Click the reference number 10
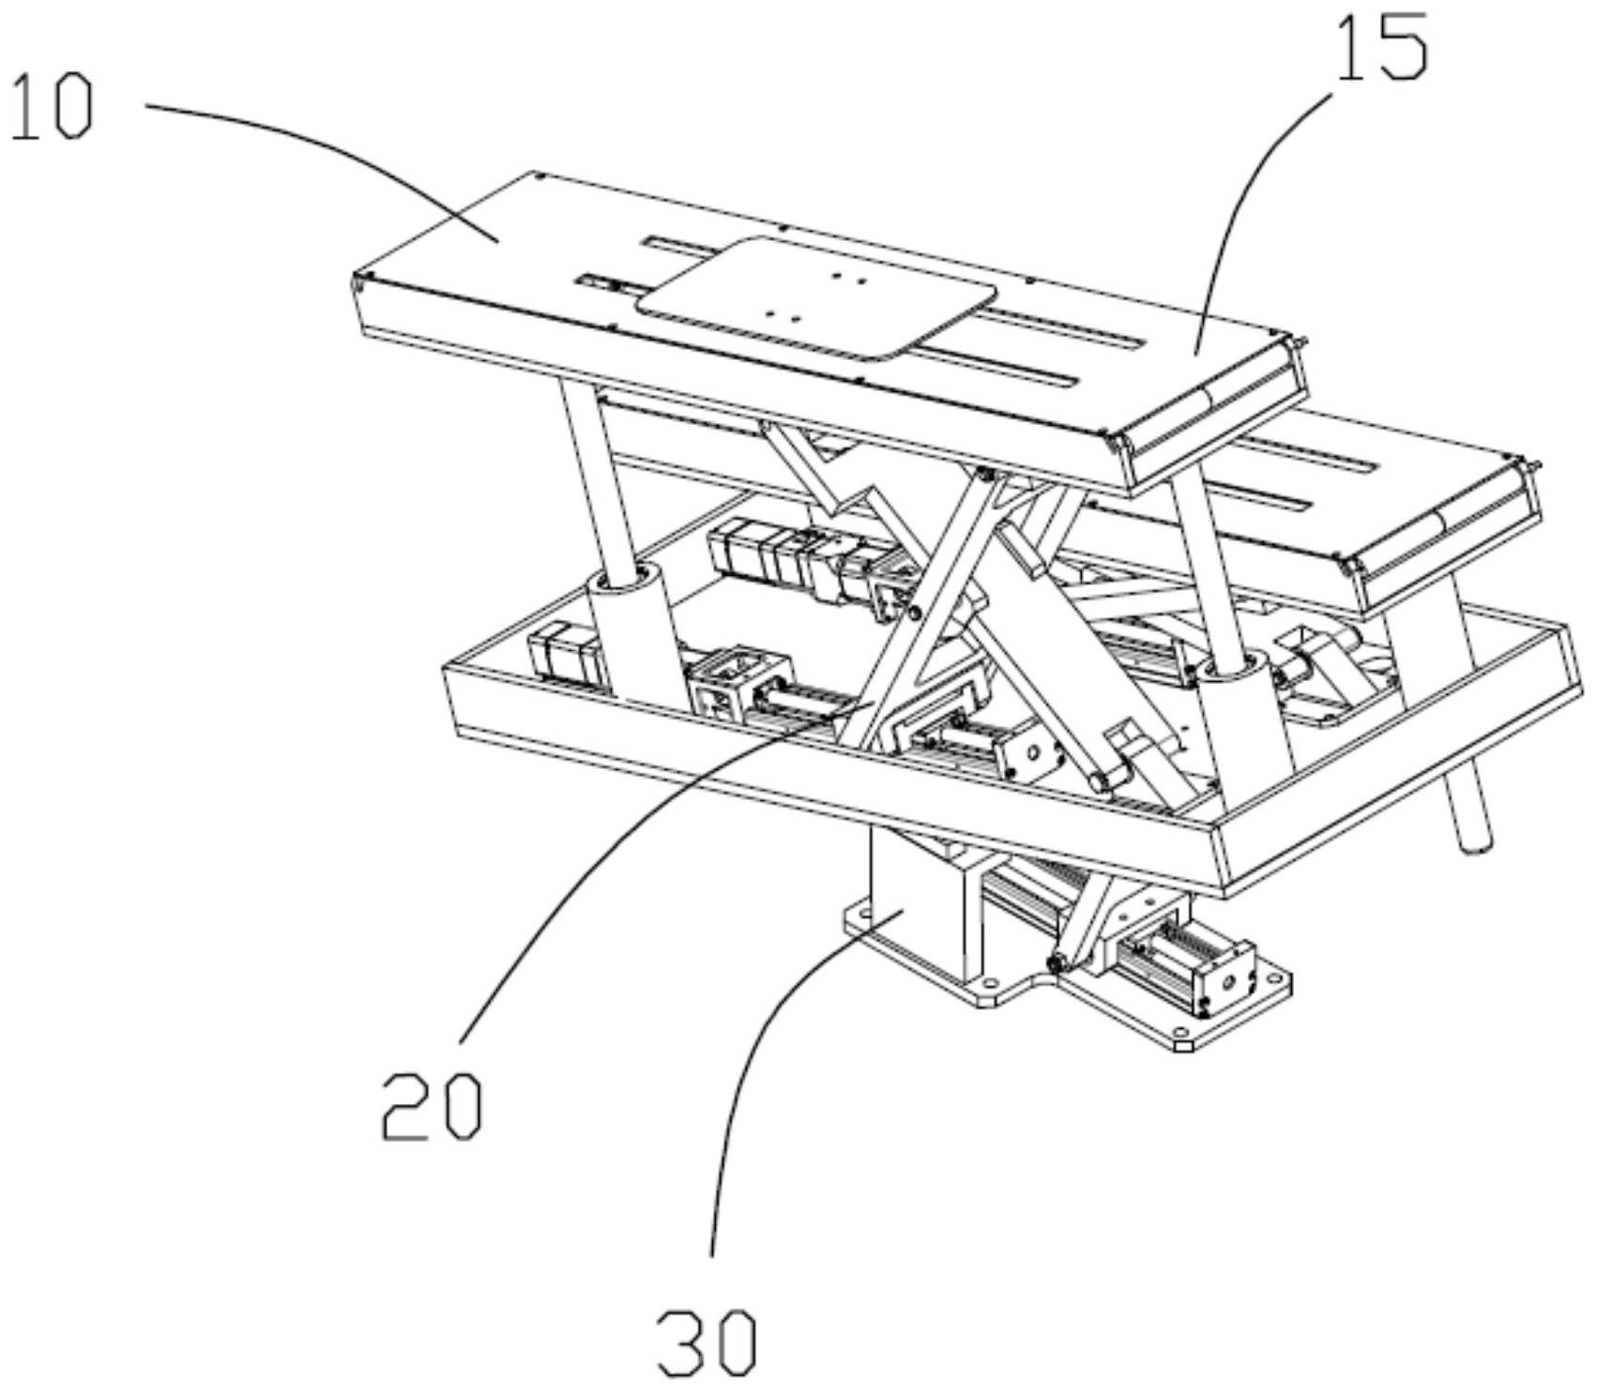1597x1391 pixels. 53,109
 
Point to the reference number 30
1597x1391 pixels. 707,1343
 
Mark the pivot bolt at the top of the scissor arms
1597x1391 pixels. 983,476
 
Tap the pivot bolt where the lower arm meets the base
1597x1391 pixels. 1057,962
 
